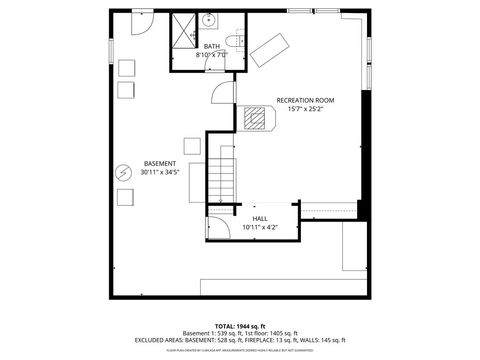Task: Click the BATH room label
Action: pos(212,46)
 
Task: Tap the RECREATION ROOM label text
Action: pos(305,100)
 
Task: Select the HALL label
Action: pos(260,218)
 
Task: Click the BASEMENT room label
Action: pos(160,163)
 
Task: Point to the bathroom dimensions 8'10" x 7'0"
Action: pos(212,55)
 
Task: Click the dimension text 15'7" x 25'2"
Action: pos(305,109)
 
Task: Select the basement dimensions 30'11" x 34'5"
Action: pos(160,172)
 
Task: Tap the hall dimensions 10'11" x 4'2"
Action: pos(260,227)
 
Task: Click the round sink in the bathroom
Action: pos(210,20)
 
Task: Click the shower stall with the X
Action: pos(183,29)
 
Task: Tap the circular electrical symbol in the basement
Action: pos(124,172)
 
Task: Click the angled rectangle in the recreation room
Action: pos(268,48)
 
